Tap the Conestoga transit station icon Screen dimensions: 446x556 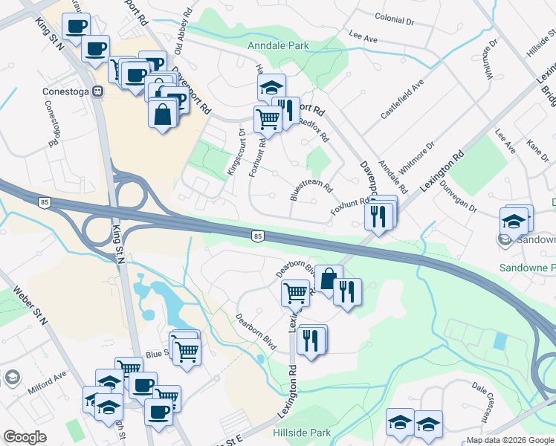click(96, 92)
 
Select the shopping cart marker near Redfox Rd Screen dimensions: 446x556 click(268, 118)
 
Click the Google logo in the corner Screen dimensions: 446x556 click(25, 437)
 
